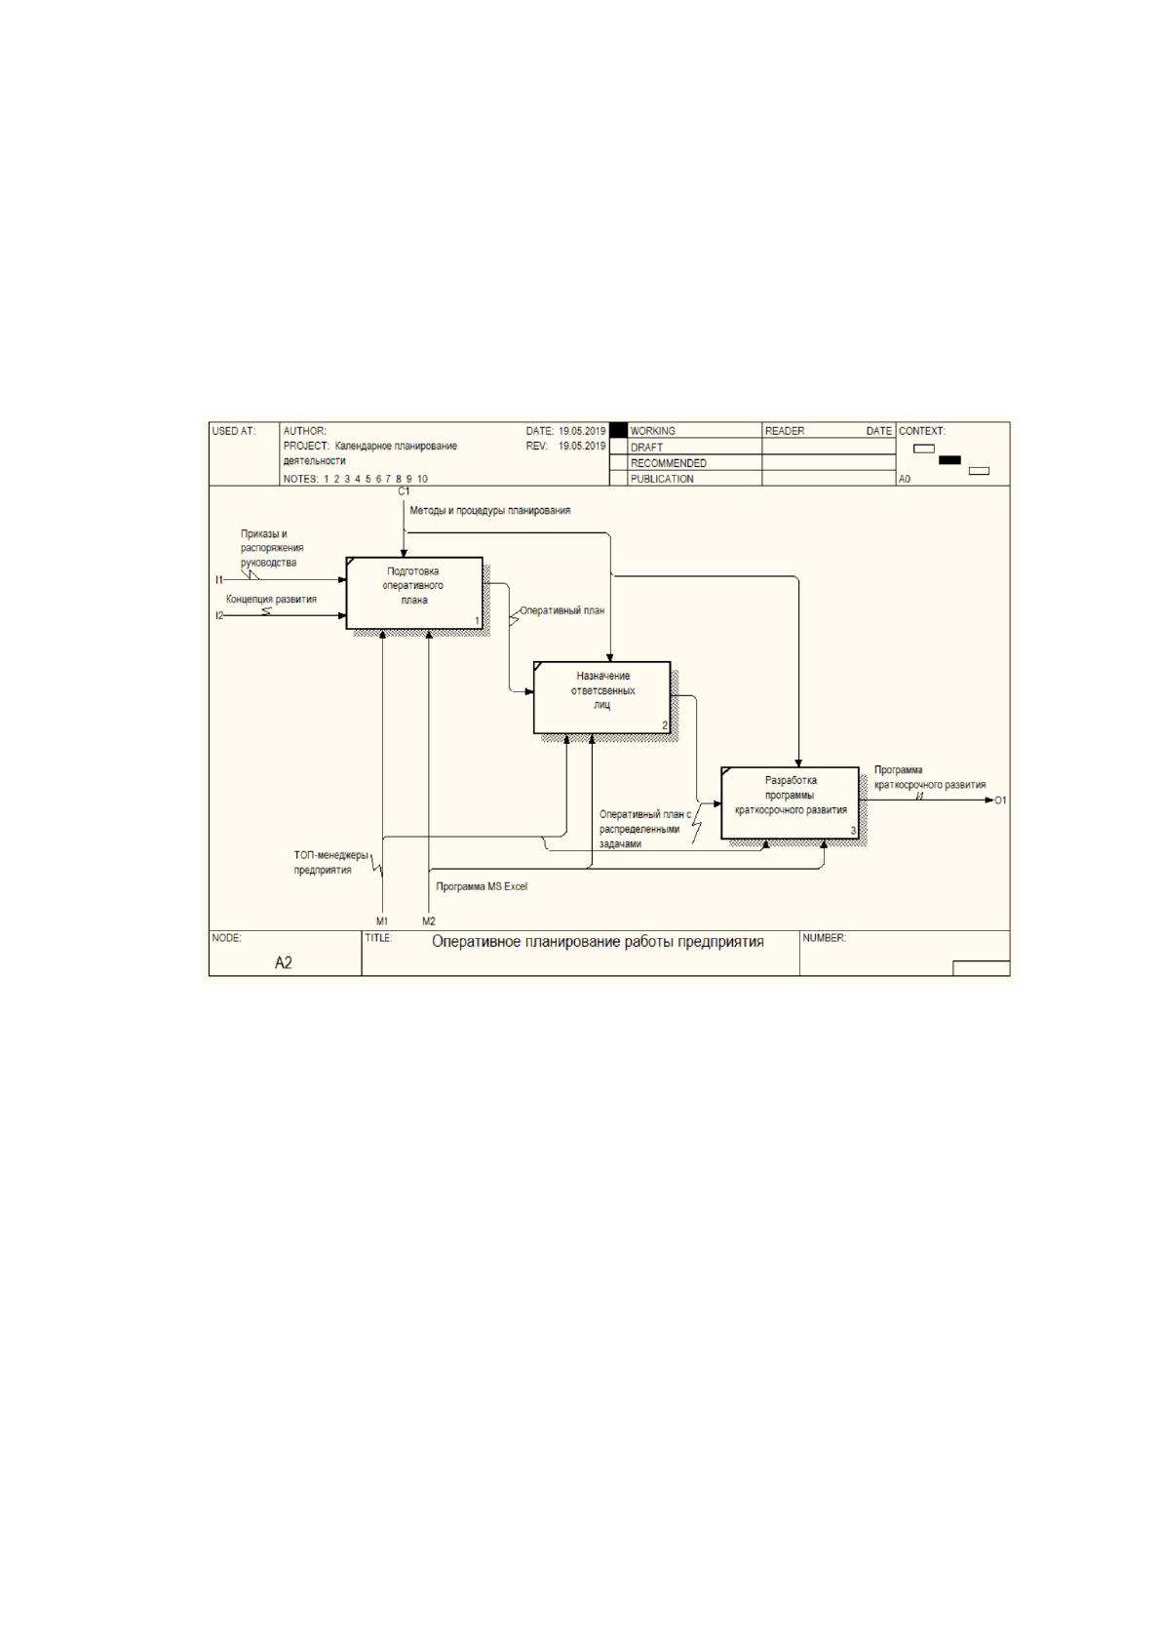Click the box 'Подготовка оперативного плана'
pos(414,593)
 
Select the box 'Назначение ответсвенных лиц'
pos(601,698)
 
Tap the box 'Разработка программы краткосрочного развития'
pos(791,802)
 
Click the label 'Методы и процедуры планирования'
pos(489,510)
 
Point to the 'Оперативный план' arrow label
pos(562,609)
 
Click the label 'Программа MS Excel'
pos(482,886)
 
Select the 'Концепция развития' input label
pos(271,599)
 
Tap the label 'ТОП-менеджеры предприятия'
pos(330,863)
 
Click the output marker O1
pos(1000,800)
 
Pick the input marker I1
pos(218,580)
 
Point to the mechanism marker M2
pos(429,921)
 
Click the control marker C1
pos(404,491)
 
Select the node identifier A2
pos(283,962)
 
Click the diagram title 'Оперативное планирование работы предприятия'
pos(598,942)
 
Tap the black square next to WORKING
pos(619,430)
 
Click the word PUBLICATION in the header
pos(662,479)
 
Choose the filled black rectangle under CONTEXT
pos(949,459)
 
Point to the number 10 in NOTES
pos(422,479)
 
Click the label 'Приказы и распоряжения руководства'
pos(272,548)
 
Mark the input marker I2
pos(219,616)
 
